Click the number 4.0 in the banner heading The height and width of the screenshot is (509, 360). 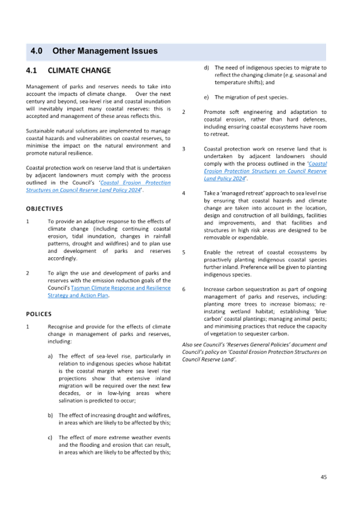(x=37, y=51)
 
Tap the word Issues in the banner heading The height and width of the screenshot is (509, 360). (x=143, y=51)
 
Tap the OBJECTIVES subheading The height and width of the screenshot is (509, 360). (x=42, y=209)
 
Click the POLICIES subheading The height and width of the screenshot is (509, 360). (x=39, y=314)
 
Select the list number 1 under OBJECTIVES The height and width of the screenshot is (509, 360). (x=27, y=221)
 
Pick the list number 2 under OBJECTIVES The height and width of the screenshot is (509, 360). (x=27, y=273)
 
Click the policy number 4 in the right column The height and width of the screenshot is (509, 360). (x=184, y=192)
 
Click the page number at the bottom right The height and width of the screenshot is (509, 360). (x=323, y=476)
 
